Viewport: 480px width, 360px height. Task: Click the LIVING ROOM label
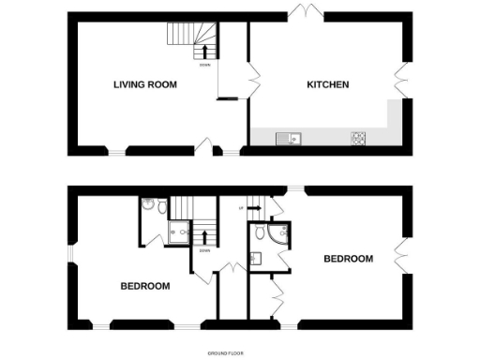(x=145, y=85)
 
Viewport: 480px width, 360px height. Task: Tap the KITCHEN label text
(x=328, y=85)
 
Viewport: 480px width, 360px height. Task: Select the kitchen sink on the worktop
(x=287, y=139)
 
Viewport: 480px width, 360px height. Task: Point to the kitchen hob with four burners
(x=357, y=139)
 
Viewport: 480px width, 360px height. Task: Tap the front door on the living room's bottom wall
(x=206, y=146)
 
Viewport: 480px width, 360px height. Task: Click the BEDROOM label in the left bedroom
(x=145, y=286)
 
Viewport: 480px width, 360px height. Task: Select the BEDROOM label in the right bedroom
(x=349, y=259)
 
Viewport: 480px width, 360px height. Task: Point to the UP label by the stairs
(x=242, y=208)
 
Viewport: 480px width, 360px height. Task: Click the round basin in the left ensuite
(x=147, y=202)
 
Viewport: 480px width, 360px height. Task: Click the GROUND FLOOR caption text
(x=225, y=352)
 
